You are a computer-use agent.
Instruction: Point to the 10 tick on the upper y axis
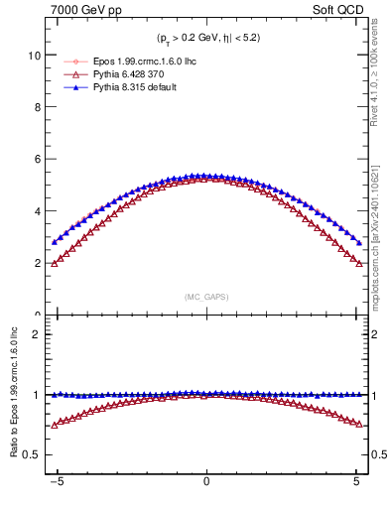coord(35,57)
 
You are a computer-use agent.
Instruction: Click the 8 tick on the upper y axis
coord(38,108)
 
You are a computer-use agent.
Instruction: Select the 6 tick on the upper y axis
coord(38,160)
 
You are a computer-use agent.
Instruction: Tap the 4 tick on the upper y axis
coord(38,211)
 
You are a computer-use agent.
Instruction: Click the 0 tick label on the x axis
coord(206,486)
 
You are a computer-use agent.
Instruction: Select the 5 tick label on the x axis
coord(356,486)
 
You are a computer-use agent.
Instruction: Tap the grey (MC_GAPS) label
coord(206,297)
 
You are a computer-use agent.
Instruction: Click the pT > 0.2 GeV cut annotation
coord(206,39)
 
